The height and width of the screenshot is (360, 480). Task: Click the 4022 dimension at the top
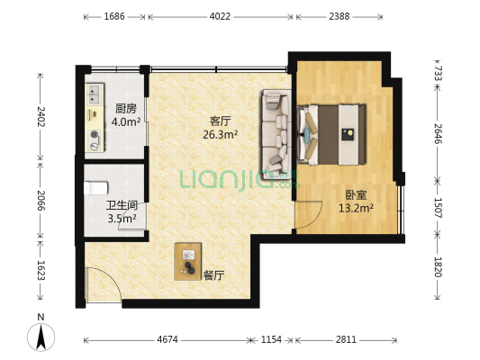[x=220, y=16]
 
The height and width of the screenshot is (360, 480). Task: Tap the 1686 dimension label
[x=114, y=16]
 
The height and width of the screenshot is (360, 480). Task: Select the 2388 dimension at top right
[x=340, y=16]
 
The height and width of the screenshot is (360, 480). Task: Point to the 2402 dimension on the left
[x=41, y=117]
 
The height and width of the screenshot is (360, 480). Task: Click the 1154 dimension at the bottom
[x=271, y=339]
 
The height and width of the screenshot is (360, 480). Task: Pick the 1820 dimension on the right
[x=438, y=266]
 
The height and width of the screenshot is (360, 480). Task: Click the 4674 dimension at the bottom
[x=168, y=339]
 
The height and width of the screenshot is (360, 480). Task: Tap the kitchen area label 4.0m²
[x=126, y=122]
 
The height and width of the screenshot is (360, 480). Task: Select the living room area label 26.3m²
[x=221, y=134]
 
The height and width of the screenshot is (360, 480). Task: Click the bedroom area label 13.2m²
[x=356, y=208]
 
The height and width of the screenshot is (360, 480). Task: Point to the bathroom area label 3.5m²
[x=122, y=219]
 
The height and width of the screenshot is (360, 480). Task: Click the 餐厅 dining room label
[x=213, y=276]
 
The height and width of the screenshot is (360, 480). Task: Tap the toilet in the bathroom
[x=95, y=188]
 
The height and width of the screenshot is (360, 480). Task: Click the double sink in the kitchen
[x=94, y=94]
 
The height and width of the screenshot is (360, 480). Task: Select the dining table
[x=187, y=261]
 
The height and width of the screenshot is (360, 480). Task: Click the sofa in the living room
[x=276, y=130]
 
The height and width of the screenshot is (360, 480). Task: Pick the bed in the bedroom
[x=331, y=135]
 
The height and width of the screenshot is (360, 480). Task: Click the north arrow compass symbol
[x=41, y=335]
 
